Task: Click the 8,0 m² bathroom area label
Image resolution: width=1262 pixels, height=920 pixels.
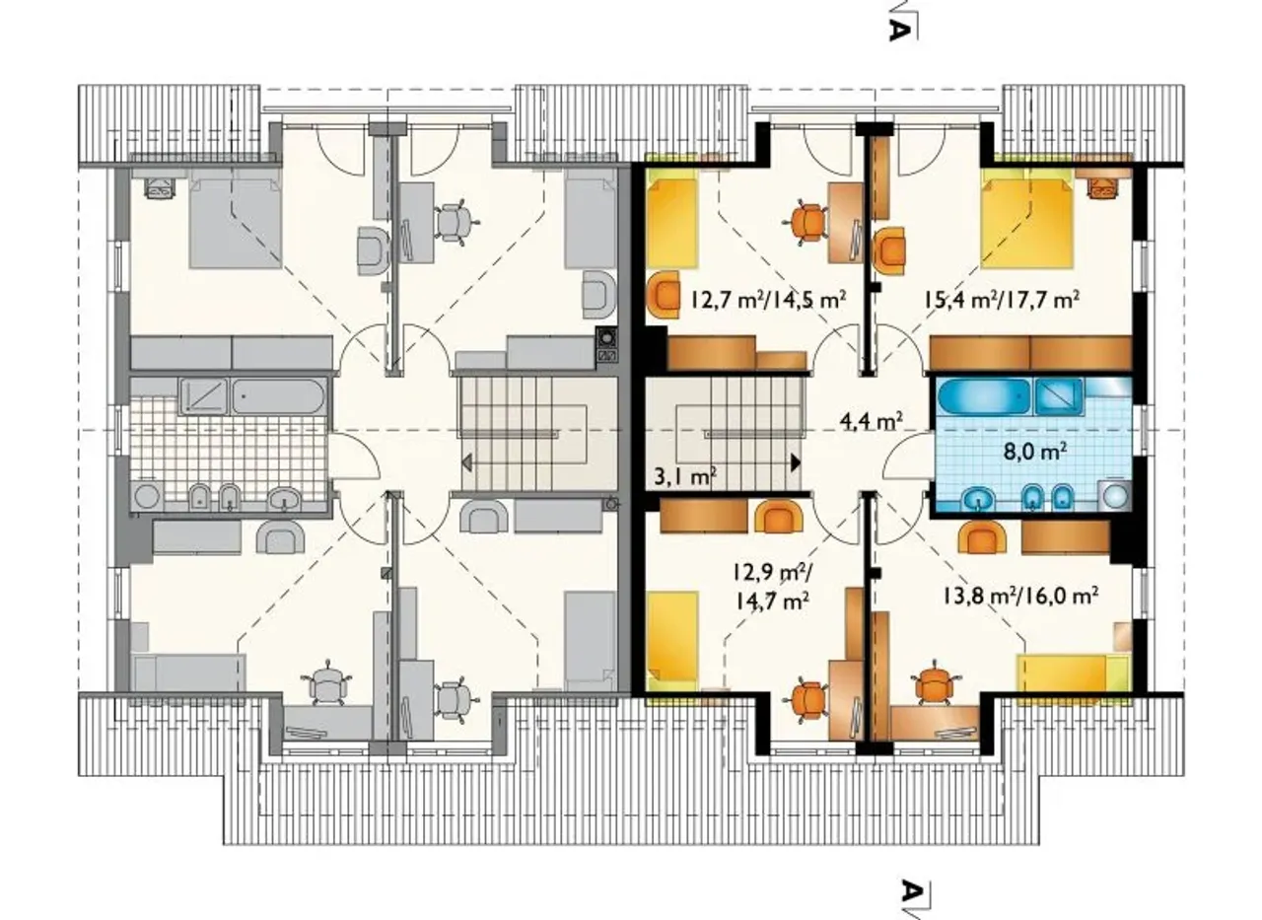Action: tap(1035, 452)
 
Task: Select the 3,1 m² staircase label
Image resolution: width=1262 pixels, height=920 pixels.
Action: tap(685, 477)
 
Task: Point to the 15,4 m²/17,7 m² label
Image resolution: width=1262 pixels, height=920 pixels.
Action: tap(1001, 299)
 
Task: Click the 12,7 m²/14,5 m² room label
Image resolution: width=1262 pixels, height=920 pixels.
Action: tap(768, 299)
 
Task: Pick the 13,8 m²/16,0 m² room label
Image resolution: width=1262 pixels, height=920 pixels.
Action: tap(1020, 595)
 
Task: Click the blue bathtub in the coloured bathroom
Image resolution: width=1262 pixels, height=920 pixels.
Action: tap(984, 397)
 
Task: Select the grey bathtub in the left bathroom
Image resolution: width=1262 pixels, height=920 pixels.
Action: tap(279, 397)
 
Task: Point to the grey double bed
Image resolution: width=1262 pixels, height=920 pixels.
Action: tap(236, 220)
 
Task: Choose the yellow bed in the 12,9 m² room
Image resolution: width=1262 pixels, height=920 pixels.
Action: tap(672, 641)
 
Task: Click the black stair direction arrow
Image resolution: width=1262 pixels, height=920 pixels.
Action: tap(796, 462)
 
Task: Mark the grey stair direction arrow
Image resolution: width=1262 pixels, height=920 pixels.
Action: tap(467, 463)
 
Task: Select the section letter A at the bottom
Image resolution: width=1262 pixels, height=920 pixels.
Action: tap(912, 890)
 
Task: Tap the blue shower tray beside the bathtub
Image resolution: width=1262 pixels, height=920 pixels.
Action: tap(1058, 396)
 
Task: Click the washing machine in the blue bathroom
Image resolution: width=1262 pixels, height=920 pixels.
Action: tap(1115, 496)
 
